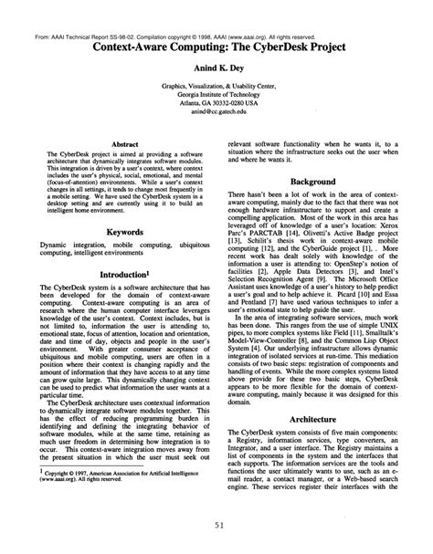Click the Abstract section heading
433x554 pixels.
coord(124,143)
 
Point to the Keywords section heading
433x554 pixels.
coord(124,233)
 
